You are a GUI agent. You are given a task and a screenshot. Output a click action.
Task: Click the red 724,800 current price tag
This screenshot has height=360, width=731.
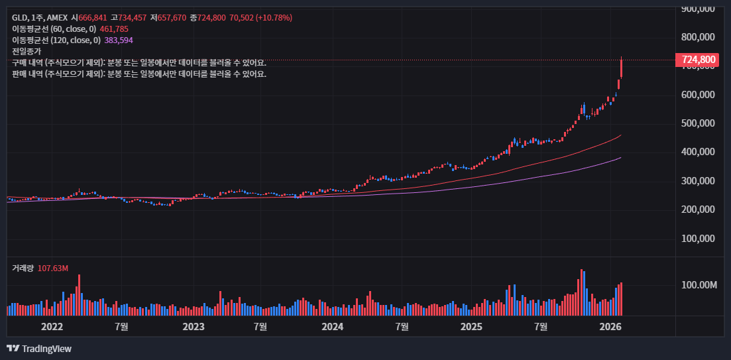(699, 60)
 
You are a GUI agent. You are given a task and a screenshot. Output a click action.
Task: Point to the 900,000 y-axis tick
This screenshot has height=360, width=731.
(699, 9)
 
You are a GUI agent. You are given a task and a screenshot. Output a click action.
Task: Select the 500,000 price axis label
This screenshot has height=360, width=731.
(699, 123)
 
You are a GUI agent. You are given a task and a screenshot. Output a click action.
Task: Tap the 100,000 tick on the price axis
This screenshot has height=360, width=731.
(699, 238)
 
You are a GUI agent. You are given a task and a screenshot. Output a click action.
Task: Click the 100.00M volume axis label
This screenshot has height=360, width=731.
(699, 285)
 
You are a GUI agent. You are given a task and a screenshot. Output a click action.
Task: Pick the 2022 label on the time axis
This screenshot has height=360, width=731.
(52, 326)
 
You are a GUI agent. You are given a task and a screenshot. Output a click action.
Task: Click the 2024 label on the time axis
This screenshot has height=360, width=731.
(332, 326)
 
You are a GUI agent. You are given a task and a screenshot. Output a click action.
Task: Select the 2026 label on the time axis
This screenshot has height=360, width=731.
(610, 326)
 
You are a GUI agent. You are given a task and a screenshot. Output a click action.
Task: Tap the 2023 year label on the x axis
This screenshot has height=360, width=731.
(193, 326)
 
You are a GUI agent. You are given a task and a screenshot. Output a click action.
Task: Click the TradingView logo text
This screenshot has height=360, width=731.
(46, 349)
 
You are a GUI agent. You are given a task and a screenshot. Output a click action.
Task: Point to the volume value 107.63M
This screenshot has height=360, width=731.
(54, 268)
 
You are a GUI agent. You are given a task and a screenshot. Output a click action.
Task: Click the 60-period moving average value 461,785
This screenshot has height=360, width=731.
(114, 29)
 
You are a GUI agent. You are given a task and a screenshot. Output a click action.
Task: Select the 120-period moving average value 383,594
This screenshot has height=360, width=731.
(119, 40)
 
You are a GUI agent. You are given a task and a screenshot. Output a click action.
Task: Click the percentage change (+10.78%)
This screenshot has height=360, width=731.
(270, 18)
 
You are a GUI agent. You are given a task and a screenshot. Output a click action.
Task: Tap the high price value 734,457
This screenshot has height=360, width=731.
(132, 18)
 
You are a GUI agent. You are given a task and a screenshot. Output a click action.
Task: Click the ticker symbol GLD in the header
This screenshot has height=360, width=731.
(19, 18)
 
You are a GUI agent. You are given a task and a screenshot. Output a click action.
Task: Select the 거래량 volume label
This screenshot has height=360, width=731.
(23, 268)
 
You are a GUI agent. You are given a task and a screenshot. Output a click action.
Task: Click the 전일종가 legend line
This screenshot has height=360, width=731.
(27, 51)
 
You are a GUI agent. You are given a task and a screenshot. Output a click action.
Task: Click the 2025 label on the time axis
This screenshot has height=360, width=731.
(471, 326)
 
